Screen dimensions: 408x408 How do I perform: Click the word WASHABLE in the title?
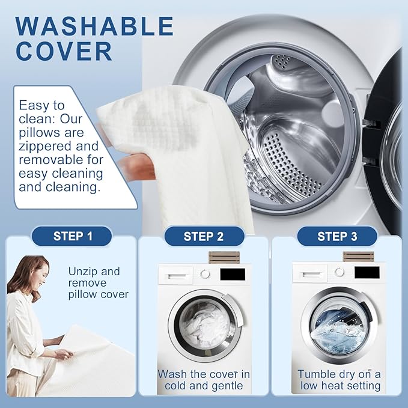94,26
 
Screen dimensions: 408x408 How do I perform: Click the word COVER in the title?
64,51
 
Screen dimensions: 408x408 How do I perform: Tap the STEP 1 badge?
72,236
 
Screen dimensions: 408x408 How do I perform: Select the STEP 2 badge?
204,236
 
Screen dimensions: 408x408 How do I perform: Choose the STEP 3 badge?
337,236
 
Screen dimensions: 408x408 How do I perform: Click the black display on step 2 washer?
233,274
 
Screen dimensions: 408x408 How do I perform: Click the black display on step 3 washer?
367,273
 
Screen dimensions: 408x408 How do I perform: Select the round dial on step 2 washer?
205,274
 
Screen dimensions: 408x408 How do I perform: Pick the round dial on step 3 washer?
339,272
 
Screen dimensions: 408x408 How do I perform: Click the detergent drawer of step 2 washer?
176,275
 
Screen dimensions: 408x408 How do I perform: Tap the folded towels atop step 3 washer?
359,257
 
